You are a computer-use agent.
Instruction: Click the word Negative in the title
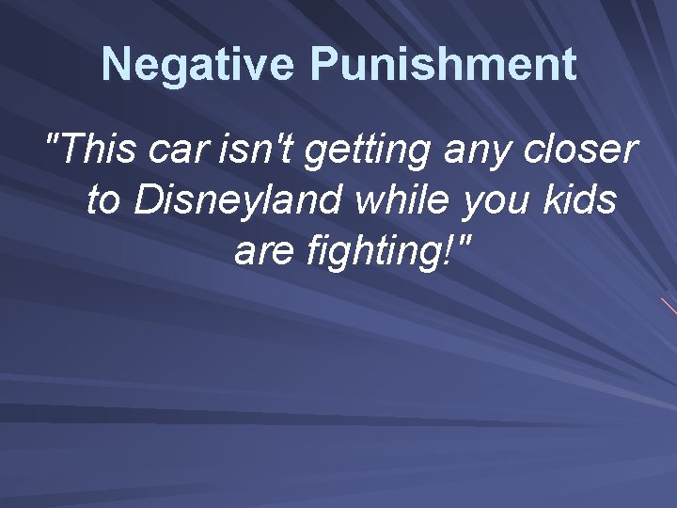tap(198, 65)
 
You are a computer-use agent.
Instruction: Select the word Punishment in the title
tap(443, 65)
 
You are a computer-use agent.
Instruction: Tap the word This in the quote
tap(104, 150)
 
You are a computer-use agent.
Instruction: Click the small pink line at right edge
tap(669, 306)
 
